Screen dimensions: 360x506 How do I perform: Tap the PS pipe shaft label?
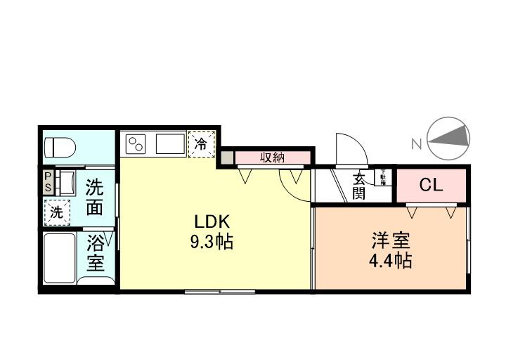click(x=48, y=182)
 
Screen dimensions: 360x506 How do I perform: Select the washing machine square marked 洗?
click(x=56, y=210)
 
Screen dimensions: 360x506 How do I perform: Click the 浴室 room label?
click(x=96, y=254)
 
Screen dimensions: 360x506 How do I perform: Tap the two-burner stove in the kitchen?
click(x=136, y=144)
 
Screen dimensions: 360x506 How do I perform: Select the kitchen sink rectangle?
click(x=169, y=144)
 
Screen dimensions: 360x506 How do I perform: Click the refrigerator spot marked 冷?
click(x=201, y=144)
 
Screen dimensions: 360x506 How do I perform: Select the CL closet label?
click(x=431, y=186)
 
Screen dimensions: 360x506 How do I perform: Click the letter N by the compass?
click(x=416, y=144)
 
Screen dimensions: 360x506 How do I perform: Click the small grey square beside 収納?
click(x=226, y=158)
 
